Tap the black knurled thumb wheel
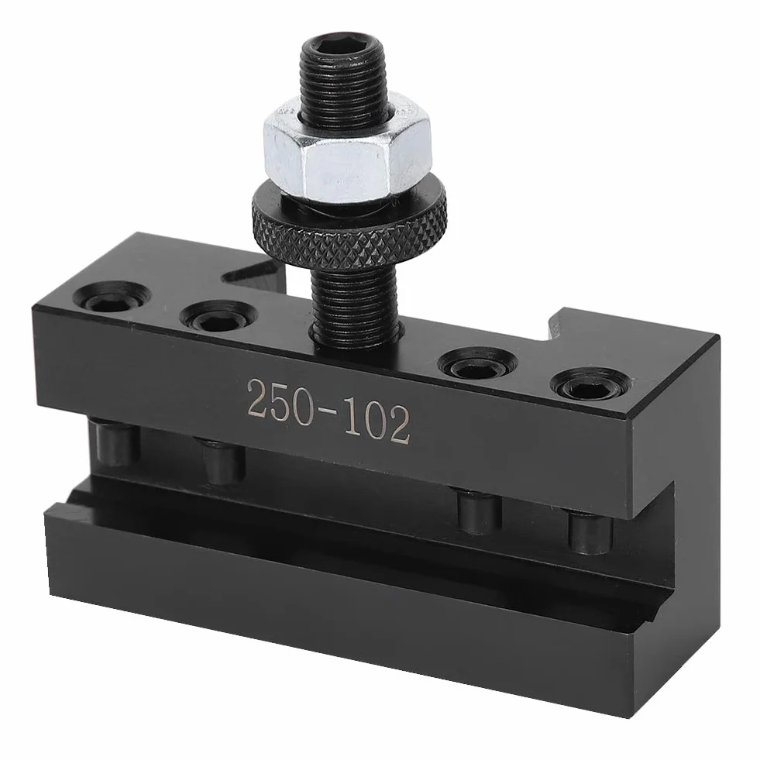tap(349, 232)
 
